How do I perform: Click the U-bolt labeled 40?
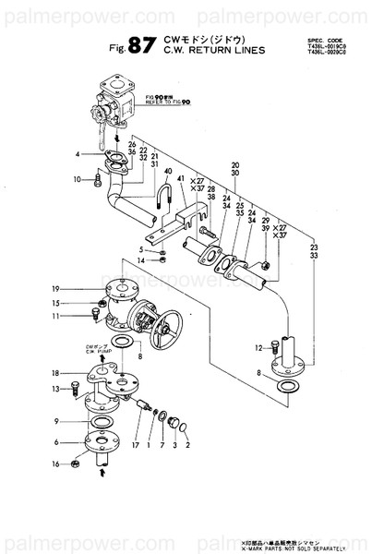coord(167,197)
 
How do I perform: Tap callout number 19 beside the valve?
coord(54,287)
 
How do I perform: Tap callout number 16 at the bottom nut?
coord(55,464)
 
